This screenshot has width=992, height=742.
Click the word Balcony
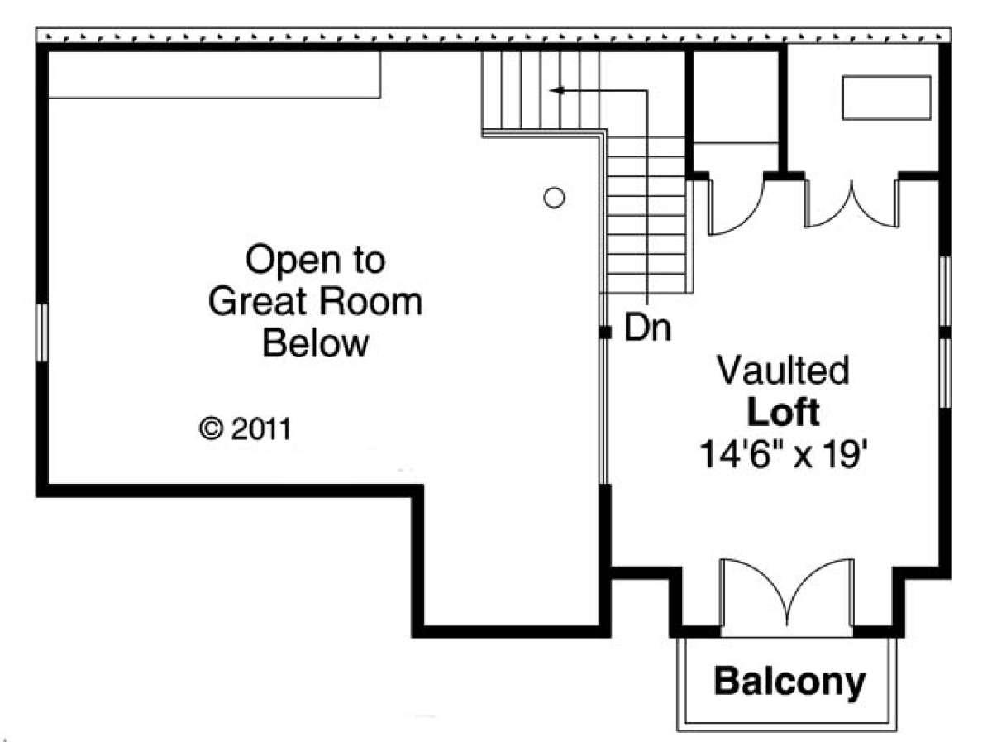789,682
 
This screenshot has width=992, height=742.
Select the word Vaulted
783,370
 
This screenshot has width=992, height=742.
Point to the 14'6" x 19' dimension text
783,454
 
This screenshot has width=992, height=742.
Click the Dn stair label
647,328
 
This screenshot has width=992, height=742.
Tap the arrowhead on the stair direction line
557,90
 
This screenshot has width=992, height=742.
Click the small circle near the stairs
554,198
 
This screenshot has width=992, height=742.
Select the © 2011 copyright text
245,428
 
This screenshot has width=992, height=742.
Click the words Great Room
315,301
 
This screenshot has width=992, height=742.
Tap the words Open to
315,260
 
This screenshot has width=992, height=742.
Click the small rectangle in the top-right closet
887,98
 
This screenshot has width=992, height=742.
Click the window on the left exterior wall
41,333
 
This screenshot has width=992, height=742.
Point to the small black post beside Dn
604,333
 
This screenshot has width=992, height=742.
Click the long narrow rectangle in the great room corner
214,74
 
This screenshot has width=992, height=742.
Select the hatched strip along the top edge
494,36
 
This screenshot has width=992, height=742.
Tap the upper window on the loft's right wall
946,291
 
